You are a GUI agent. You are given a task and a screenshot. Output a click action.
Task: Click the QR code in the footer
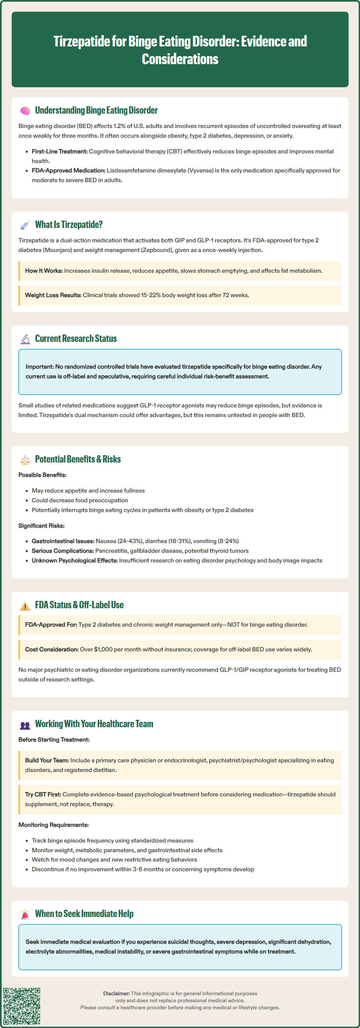tap(22, 1006)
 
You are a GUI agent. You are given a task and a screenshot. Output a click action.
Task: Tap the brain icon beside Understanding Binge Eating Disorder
tap(25, 111)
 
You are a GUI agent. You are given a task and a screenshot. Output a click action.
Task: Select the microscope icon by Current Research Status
tap(25, 339)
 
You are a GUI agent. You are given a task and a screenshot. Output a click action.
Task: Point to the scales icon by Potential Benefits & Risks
tap(25, 460)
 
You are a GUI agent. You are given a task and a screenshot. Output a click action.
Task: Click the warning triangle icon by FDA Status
tap(25, 606)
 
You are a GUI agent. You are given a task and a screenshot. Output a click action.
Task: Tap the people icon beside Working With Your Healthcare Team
tap(25, 725)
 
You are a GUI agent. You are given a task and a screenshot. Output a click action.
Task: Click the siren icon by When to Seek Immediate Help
tap(25, 914)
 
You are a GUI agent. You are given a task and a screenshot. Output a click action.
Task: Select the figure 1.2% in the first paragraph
tap(120, 126)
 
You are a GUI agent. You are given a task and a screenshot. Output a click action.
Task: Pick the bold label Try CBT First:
tap(43, 794)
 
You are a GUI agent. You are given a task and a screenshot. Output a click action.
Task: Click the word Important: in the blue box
tap(39, 367)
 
